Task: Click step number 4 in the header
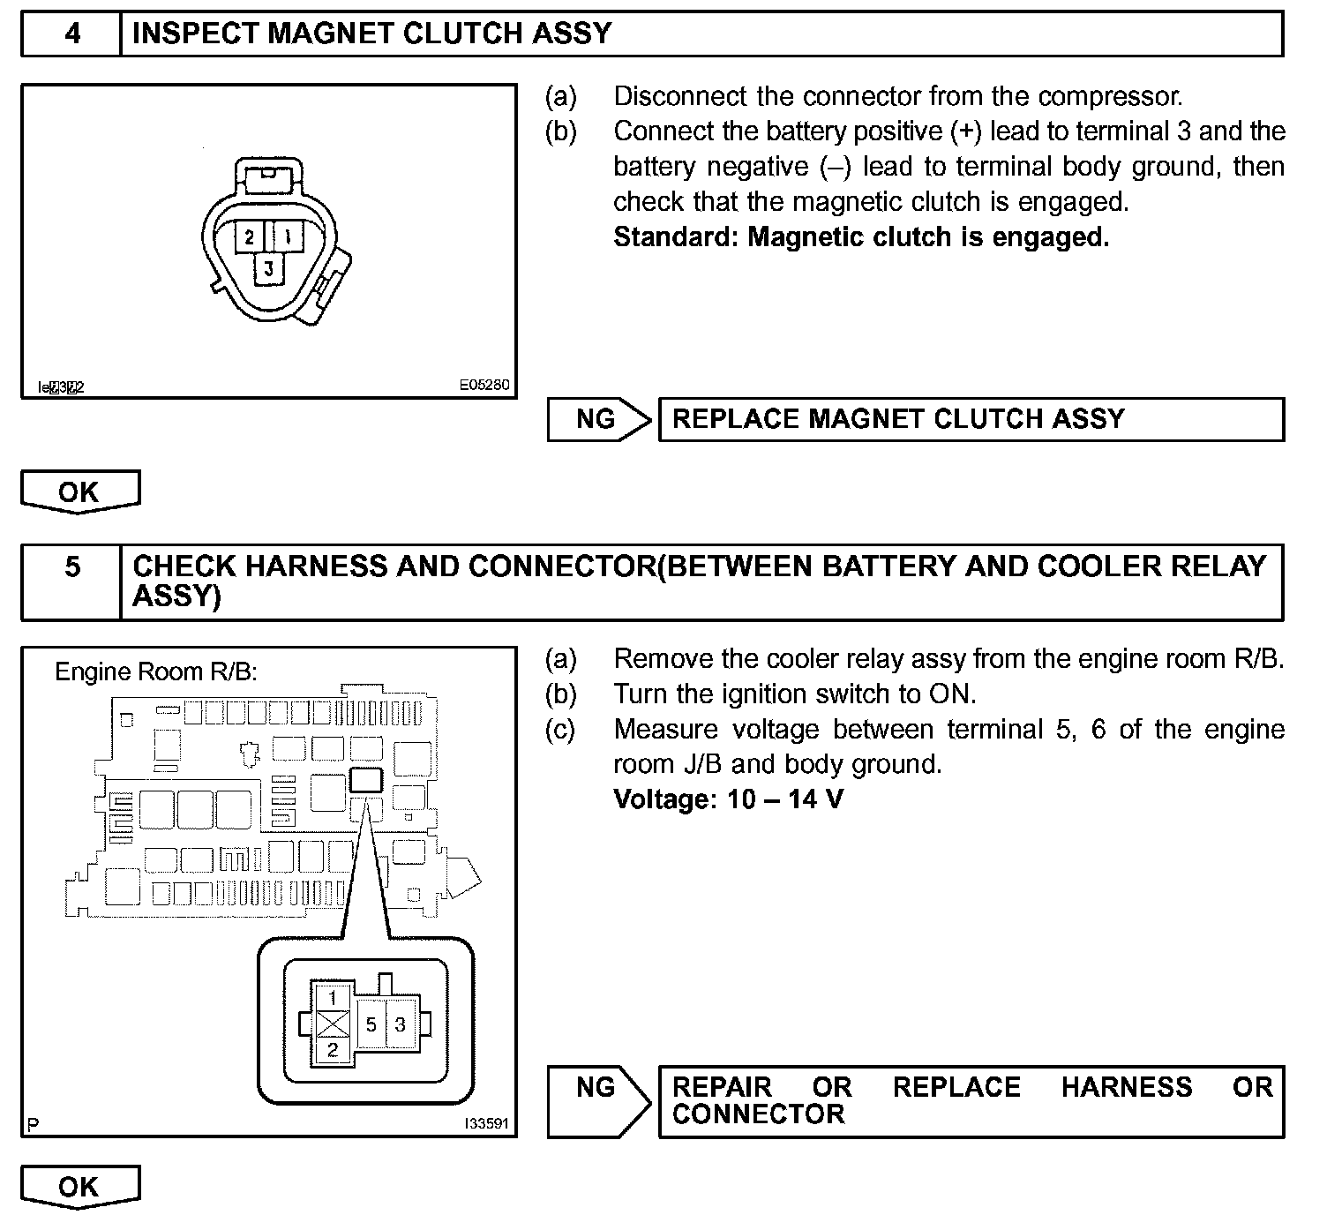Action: pyautogui.click(x=72, y=34)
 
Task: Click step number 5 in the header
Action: pyautogui.click(x=72, y=566)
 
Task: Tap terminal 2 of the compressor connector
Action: pyautogui.click(x=251, y=236)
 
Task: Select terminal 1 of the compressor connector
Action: pyautogui.click(x=288, y=236)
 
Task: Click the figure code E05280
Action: pyautogui.click(x=484, y=386)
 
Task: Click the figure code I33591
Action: pyautogui.click(x=487, y=1124)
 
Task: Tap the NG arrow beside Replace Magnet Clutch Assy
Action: pyautogui.click(x=597, y=419)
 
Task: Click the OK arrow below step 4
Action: pyautogui.click(x=79, y=491)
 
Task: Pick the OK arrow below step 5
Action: pyautogui.click(x=79, y=1187)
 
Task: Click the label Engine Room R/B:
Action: pyautogui.click(x=156, y=672)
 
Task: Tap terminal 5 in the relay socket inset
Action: pyautogui.click(x=371, y=1024)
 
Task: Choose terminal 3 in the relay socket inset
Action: pyautogui.click(x=401, y=1024)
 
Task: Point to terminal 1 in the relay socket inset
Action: pyautogui.click(x=333, y=998)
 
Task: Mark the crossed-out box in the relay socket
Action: pyautogui.click(x=333, y=1024)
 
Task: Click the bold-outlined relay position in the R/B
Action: pyautogui.click(x=366, y=780)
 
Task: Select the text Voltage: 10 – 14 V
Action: pyautogui.click(x=728, y=800)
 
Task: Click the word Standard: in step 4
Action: pyautogui.click(x=675, y=237)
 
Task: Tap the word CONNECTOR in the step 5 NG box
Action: pyautogui.click(x=758, y=1114)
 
